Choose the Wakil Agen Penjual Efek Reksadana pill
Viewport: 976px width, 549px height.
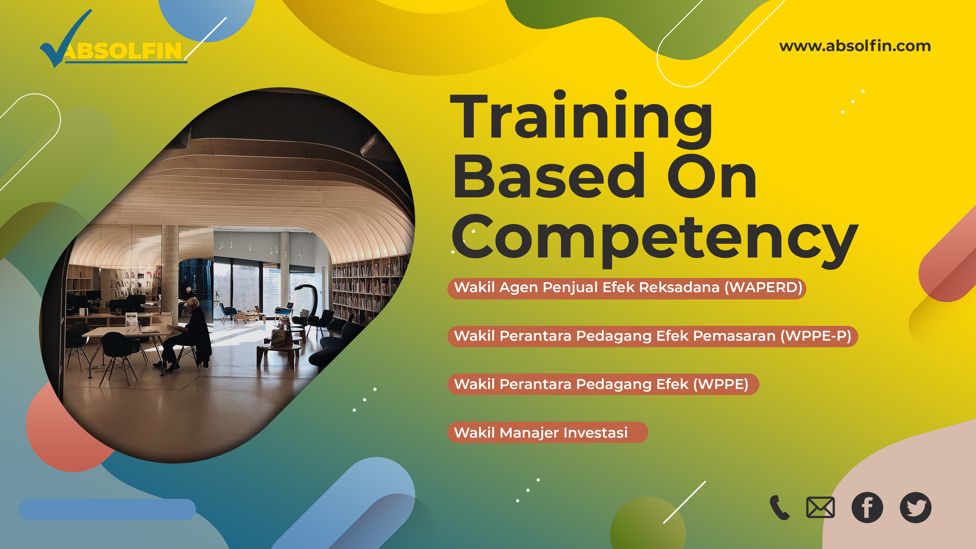pos(627,288)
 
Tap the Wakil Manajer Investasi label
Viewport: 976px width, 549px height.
pos(548,432)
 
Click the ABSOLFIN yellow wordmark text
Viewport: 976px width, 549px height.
pos(123,51)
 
